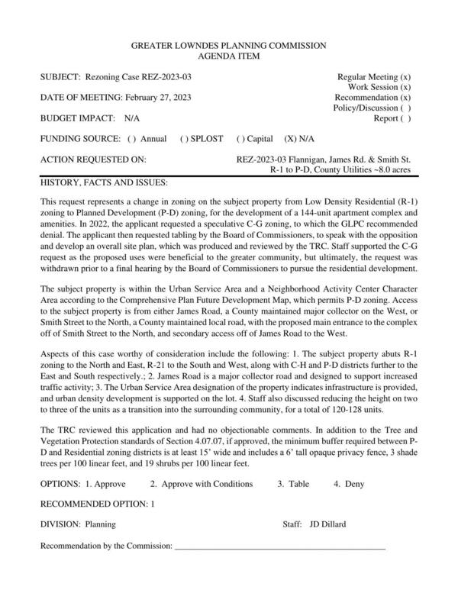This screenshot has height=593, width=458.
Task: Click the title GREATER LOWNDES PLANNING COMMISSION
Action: (229, 46)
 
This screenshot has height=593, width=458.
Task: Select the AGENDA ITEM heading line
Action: (229, 56)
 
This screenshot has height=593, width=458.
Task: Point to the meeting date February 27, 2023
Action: (157, 98)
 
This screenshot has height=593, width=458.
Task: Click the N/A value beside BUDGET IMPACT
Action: (132, 118)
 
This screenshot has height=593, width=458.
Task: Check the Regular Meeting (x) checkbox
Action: (406, 77)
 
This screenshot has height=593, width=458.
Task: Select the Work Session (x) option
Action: (406, 88)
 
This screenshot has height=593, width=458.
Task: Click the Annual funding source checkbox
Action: (132, 139)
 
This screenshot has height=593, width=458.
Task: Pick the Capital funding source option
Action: (240, 139)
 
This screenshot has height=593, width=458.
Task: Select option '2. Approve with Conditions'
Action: (201, 483)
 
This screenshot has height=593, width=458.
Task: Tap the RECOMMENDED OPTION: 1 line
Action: (97, 504)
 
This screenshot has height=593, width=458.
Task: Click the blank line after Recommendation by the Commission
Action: (279, 547)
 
